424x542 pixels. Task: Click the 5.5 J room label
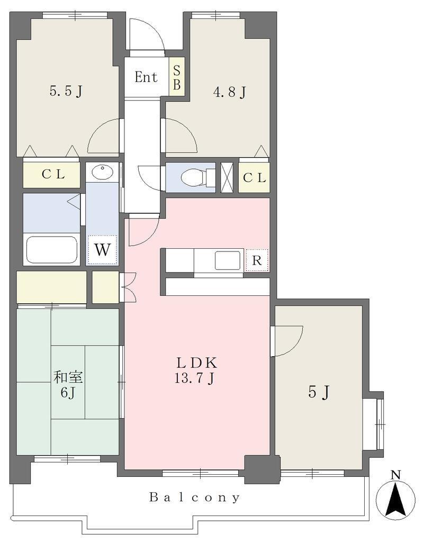click(66, 91)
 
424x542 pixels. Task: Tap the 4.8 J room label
click(229, 92)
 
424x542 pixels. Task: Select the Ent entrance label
click(146, 77)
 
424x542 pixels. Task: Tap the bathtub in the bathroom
click(52, 249)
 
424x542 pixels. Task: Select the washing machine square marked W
click(102, 250)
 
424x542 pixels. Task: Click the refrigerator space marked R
click(256, 260)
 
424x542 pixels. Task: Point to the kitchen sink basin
click(228, 260)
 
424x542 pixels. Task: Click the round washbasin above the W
click(103, 171)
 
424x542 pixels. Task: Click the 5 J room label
click(318, 392)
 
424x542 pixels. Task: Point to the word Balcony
click(195, 498)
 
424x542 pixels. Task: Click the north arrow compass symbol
click(395, 495)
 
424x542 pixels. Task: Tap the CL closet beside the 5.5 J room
click(52, 175)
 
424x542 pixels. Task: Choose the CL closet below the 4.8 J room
click(254, 178)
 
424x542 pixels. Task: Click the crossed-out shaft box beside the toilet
click(227, 177)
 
